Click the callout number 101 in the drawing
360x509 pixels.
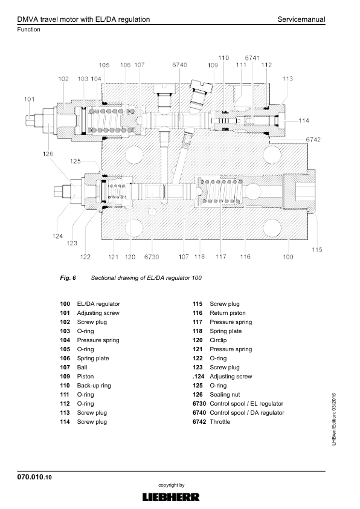point(29,99)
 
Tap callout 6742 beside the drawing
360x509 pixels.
point(313,140)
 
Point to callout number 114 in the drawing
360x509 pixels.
point(304,120)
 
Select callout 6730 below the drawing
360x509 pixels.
point(152,257)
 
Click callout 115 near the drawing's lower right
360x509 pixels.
point(317,250)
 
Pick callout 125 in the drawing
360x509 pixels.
point(76,161)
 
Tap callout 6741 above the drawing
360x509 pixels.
point(252,58)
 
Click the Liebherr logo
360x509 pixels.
point(171,497)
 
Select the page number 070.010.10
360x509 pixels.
point(34,477)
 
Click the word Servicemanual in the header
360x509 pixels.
point(301,19)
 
